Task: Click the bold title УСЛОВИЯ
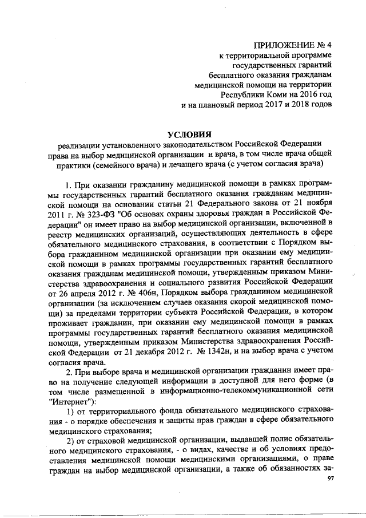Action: pos(193,133)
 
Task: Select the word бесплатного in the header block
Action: pos(230,74)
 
